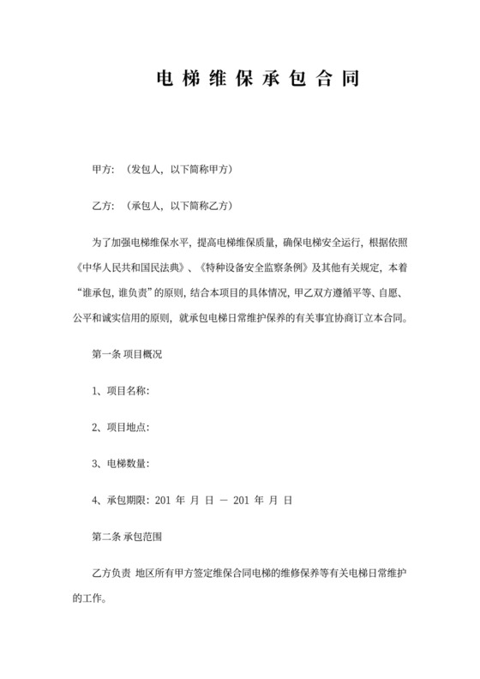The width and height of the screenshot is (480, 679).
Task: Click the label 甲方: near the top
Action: (x=103, y=170)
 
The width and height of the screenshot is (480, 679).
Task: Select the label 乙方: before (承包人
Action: (x=103, y=207)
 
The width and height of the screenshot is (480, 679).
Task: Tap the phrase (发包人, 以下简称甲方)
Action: (x=178, y=170)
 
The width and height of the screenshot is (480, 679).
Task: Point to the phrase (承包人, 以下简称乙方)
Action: (x=178, y=207)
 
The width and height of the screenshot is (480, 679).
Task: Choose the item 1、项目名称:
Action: (x=121, y=391)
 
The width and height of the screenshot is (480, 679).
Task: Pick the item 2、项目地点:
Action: (x=121, y=427)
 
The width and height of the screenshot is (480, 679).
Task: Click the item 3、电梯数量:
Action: (x=121, y=462)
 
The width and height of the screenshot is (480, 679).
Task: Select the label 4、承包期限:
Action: (x=121, y=498)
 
